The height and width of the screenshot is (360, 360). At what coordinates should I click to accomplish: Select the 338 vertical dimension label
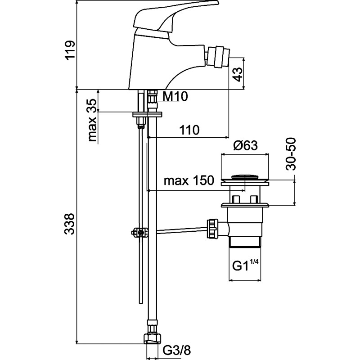tap(70, 224)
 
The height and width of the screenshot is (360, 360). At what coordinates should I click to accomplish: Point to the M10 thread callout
tap(175, 96)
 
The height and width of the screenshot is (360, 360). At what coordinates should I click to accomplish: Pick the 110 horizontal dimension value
tap(189, 130)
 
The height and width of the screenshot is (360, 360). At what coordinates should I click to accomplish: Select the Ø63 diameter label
tap(245, 145)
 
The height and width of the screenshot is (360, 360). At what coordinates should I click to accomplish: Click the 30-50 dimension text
tap(290, 154)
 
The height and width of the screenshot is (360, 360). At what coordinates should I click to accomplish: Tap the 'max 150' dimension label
tap(189, 180)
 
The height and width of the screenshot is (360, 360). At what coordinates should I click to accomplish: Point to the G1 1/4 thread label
tap(245, 265)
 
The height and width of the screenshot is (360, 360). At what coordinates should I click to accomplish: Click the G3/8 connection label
tap(177, 351)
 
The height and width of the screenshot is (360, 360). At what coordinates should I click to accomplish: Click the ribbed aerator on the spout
tap(218, 56)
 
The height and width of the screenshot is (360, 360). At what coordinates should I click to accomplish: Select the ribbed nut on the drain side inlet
tap(211, 229)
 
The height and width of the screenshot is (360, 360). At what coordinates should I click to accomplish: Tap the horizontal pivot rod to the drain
tap(182, 230)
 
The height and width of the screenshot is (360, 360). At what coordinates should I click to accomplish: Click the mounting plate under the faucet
tap(147, 114)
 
